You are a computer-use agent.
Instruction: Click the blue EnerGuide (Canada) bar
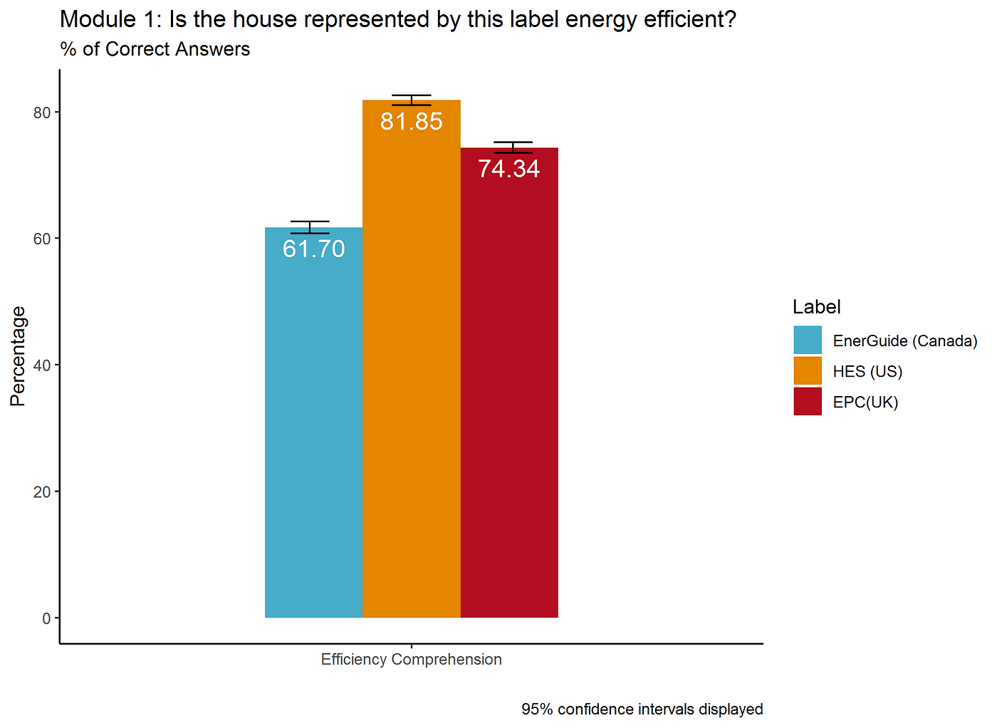click(313, 427)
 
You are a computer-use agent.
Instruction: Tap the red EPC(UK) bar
click(509, 392)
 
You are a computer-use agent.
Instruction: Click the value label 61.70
click(314, 249)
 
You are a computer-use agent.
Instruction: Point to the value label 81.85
click(412, 121)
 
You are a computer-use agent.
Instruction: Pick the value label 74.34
click(509, 169)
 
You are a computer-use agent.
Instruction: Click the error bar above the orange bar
click(412, 100)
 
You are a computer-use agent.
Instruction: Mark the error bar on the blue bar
click(310, 227)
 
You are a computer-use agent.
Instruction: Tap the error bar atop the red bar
click(513, 147)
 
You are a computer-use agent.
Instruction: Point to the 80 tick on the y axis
click(42, 113)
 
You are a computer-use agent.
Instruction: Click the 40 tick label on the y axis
click(42, 365)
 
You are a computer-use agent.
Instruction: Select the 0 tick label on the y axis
click(46, 618)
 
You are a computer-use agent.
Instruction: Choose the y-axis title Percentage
click(18, 356)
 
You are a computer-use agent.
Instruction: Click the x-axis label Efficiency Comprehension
click(412, 660)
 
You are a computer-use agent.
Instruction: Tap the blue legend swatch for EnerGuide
click(808, 340)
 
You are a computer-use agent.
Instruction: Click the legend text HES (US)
click(867, 371)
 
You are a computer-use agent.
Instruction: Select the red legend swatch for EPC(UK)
click(808, 402)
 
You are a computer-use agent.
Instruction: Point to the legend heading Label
click(817, 307)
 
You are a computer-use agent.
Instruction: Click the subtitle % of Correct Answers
click(155, 49)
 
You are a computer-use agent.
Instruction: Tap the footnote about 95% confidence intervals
click(642, 709)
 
